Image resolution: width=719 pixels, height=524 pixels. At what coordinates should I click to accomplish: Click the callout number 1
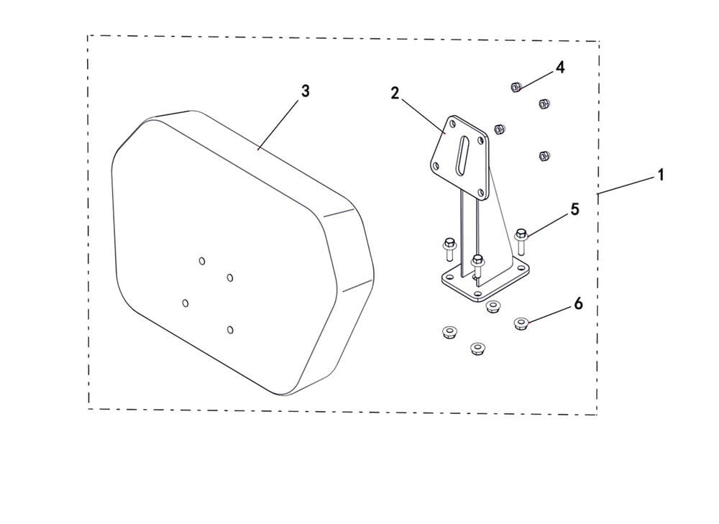(x=660, y=175)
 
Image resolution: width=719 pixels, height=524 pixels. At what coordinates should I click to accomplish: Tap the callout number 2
(x=395, y=93)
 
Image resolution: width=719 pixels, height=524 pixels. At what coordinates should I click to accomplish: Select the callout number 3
(x=305, y=91)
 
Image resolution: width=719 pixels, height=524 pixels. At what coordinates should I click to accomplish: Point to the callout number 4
(x=559, y=68)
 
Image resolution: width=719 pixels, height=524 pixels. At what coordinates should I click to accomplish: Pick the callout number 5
(x=574, y=209)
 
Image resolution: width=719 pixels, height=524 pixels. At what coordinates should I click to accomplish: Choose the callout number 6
(x=578, y=303)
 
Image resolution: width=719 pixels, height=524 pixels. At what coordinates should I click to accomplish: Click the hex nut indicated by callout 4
(x=516, y=87)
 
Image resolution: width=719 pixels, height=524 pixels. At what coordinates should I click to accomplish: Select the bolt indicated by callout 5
(x=521, y=241)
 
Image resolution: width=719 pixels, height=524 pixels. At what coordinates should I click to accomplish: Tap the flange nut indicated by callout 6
(x=521, y=323)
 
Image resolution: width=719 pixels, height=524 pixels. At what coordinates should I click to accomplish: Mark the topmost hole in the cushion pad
(x=202, y=261)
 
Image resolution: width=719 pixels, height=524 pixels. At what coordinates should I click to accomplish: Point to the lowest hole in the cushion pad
(x=230, y=330)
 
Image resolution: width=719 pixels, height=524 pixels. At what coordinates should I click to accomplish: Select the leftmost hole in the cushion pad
(x=186, y=303)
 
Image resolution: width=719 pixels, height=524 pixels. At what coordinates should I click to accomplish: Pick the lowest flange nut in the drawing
(x=478, y=348)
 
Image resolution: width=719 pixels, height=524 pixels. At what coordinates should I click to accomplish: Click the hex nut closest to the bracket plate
(x=500, y=129)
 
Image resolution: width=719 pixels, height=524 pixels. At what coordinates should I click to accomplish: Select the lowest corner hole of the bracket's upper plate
(x=480, y=193)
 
